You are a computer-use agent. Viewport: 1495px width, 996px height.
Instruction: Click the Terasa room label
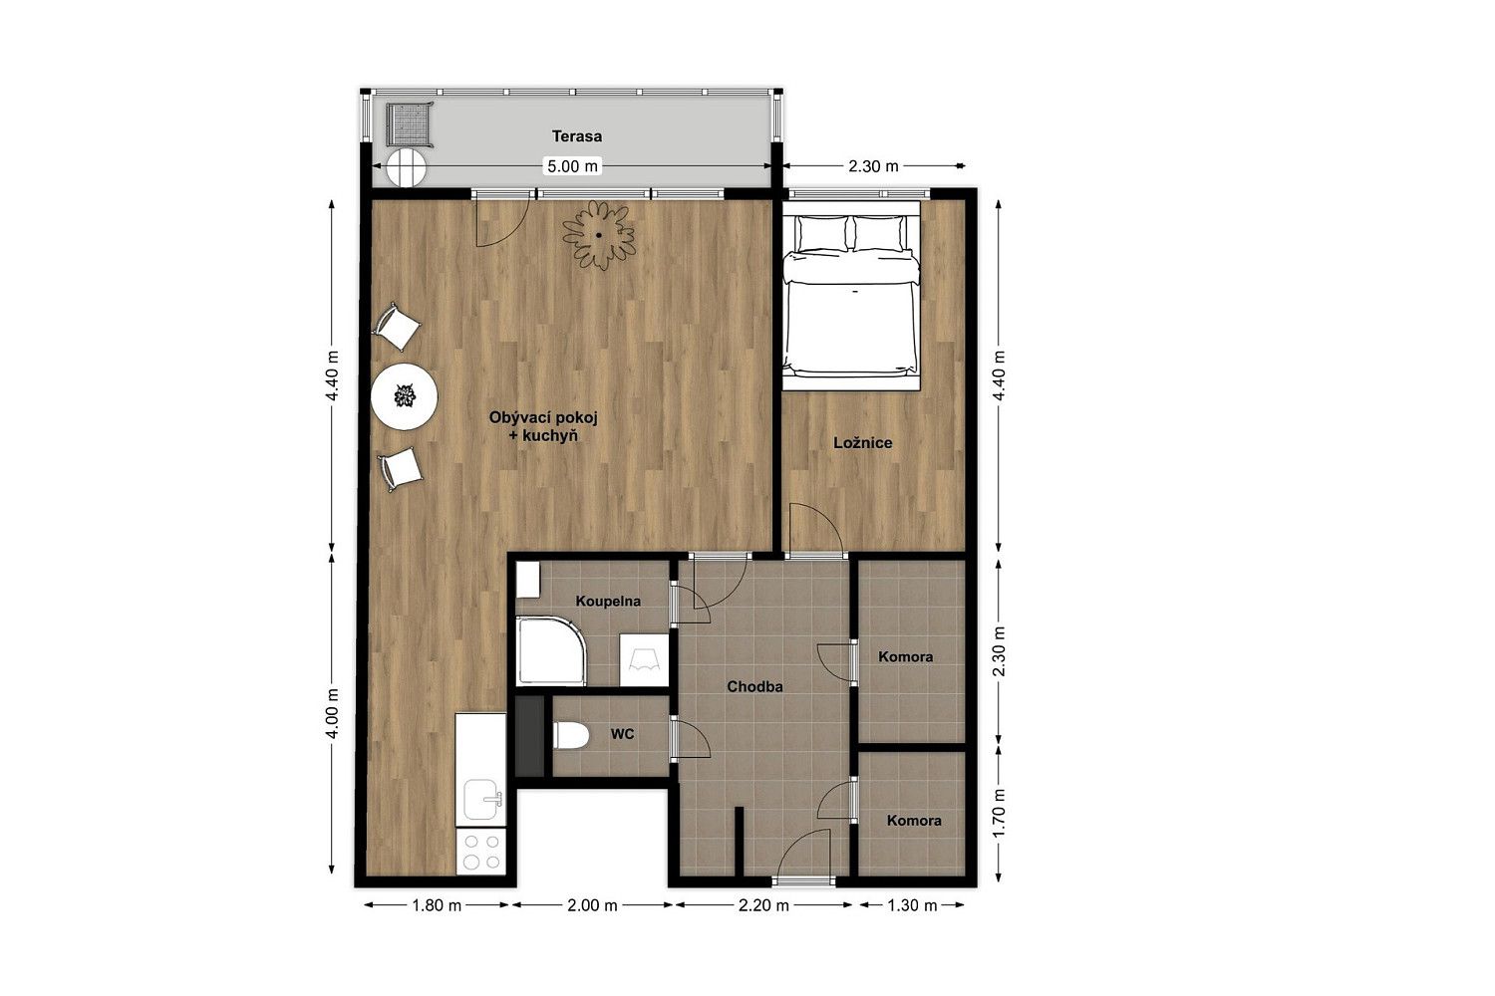pyautogui.click(x=577, y=136)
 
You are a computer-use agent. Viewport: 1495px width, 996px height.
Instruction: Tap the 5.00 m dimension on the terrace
pyautogui.click(x=573, y=166)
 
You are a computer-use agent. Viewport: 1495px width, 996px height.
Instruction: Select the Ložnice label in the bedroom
pyautogui.click(x=862, y=442)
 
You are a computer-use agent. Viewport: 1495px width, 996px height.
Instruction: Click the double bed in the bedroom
pyautogui.click(x=850, y=296)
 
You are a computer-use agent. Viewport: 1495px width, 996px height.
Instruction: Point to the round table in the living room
pyautogui.click(x=404, y=396)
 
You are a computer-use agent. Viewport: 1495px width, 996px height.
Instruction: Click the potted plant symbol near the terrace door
pyautogui.click(x=599, y=235)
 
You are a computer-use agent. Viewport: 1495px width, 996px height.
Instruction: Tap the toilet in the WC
pyautogui.click(x=571, y=736)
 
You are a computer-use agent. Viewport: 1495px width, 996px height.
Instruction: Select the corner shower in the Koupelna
pyautogui.click(x=550, y=651)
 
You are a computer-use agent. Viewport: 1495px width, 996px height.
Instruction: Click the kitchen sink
pyautogui.click(x=481, y=799)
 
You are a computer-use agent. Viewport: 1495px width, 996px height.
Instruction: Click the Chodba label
pyautogui.click(x=754, y=686)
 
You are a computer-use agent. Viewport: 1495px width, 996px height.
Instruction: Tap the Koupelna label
pyautogui.click(x=608, y=601)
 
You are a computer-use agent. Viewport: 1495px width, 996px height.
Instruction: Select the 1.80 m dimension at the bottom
pyautogui.click(x=437, y=905)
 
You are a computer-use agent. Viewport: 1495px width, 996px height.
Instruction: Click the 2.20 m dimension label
pyautogui.click(x=763, y=905)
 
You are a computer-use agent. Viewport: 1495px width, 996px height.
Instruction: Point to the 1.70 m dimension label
pyautogui.click(x=999, y=813)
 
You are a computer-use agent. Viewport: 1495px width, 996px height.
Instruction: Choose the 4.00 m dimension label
pyautogui.click(x=332, y=713)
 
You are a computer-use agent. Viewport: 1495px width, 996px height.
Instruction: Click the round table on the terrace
pyautogui.click(x=407, y=167)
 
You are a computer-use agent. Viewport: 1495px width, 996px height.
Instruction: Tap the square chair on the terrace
pyautogui.click(x=409, y=124)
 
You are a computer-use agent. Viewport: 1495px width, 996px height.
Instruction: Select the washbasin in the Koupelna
pyautogui.click(x=644, y=659)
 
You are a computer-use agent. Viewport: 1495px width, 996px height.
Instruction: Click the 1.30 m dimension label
pyautogui.click(x=912, y=905)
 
